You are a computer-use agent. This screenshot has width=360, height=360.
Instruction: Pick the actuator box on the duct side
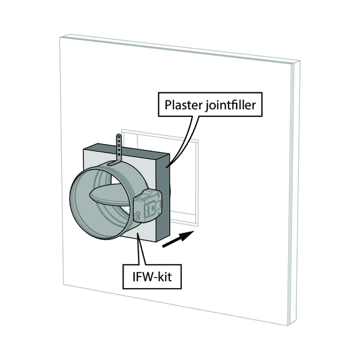[148, 205]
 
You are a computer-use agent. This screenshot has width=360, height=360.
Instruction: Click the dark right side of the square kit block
[164, 198]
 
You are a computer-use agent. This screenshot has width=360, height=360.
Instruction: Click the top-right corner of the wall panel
[298, 61]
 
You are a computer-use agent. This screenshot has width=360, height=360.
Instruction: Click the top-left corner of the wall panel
[60, 35]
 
